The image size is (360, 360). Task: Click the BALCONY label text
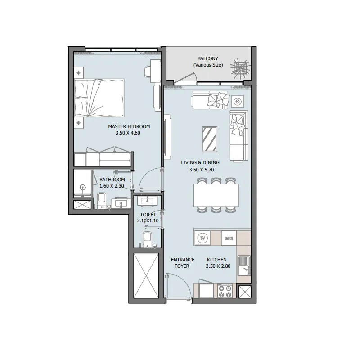pyautogui.click(x=208, y=59)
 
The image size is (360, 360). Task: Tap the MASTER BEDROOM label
pyautogui.click(x=129, y=126)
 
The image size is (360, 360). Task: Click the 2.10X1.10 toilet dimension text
pyautogui.click(x=148, y=221)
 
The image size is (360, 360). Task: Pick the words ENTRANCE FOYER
pyautogui.click(x=182, y=263)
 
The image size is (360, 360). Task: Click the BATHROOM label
pyautogui.click(x=112, y=180)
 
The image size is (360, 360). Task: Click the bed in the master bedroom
pyautogui.click(x=99, y=98)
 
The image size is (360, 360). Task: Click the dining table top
pyautogui.click(x=216, y=194)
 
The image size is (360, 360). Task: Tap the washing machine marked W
pyautogui.click(x=203, y=238)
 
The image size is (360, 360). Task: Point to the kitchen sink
pyautogui.click(x=244, y=265)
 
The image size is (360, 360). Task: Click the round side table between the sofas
pyautogui.click(x=238, y=102)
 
